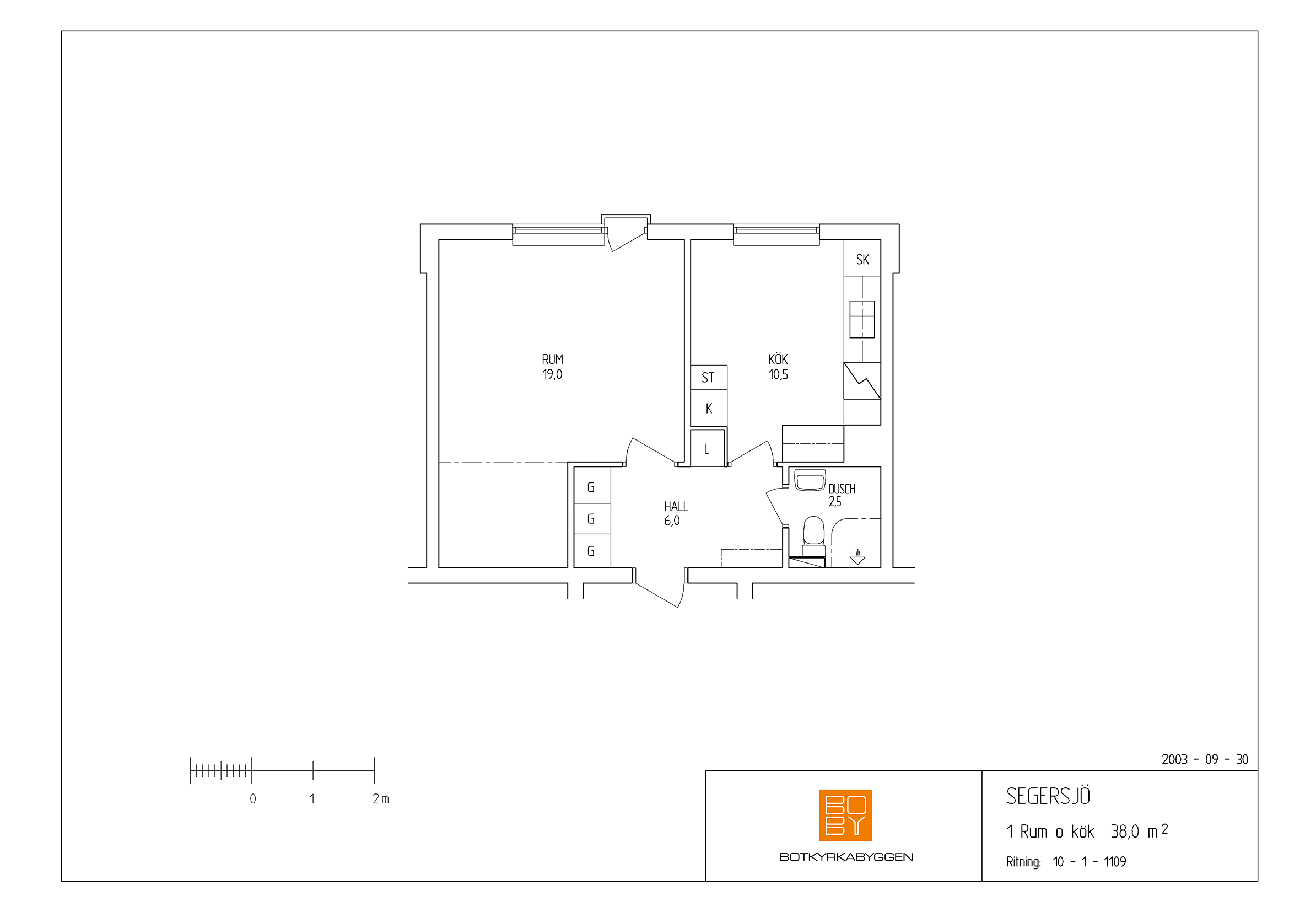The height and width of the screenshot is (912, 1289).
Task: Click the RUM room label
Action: click(552, 359)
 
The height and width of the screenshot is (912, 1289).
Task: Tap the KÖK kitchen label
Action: click(778, 358)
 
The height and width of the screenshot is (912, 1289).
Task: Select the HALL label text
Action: click(676, 507)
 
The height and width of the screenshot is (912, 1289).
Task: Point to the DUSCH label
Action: click(842, 489)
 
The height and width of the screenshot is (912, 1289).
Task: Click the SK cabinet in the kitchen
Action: click(862, 257)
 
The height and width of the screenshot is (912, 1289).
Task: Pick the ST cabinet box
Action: click(709, 377)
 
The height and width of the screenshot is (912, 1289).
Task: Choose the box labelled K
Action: click(709, 408)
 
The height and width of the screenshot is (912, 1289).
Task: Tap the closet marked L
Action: click(708, 448)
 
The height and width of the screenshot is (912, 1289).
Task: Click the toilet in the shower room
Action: click(813, 538)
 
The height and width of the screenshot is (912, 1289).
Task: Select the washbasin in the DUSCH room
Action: click(810, 481)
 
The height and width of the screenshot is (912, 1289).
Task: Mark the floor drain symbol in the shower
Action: click(857, 557)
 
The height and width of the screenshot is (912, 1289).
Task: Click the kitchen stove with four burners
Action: click(862, 319)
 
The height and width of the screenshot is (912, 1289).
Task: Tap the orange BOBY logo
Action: click(845, 816)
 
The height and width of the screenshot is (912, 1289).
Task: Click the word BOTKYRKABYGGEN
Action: click(846, 857)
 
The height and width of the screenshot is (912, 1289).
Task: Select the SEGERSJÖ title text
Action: click(1048, 796)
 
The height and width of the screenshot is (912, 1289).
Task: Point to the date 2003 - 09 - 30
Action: click(1205, 760)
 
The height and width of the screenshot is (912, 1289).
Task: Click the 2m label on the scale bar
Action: click(381, 799)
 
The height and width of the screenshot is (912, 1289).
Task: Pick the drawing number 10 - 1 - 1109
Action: click(1089, 862)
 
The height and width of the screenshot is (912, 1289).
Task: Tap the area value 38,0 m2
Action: click(1140, 831)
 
